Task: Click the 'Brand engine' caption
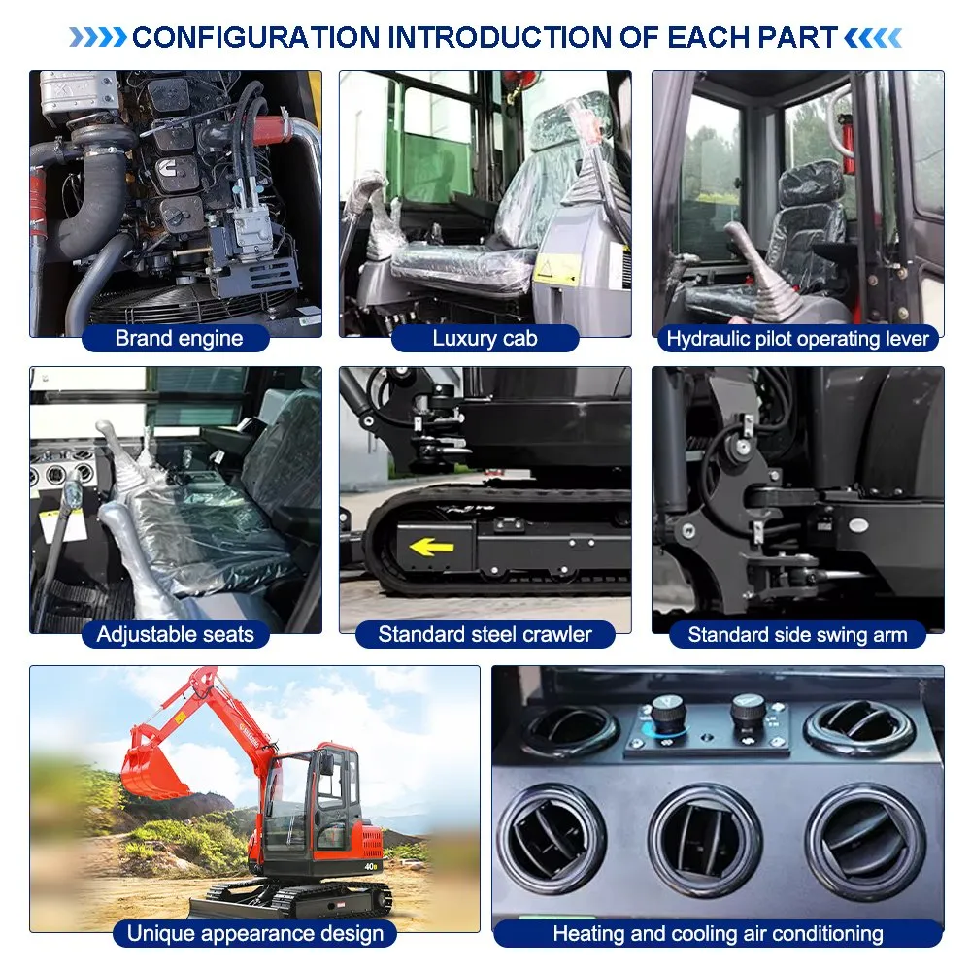pyautogui.click(x=179, y=338)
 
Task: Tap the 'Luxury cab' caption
pyautogui.click(x=485, y=338)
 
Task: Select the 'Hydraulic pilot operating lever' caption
pyautogui.click(x=797, y=339)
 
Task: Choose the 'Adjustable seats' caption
pyautogui.click(x=175, y=634)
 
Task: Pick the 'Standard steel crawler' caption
pyautogui.click(x=485, y=634)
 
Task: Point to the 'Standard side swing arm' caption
pyautogui.click(x=797, y=635)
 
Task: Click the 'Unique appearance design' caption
pyautogui.click(x=255, y=933)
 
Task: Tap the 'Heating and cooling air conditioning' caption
pyautogui.click(x=719, y=933)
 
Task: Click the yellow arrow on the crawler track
pyautogui.click(x=432, y=547)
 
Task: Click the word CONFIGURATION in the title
pyautogui.click(x=256, y=37)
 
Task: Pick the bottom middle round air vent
pyautogui.click(x=705, y=840)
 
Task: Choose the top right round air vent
pyautogui.click(x=859, y=728)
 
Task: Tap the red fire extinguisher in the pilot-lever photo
pyautogui.click(x=846, y=143)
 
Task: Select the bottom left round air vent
pyautogui.click(x=552, y=839)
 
